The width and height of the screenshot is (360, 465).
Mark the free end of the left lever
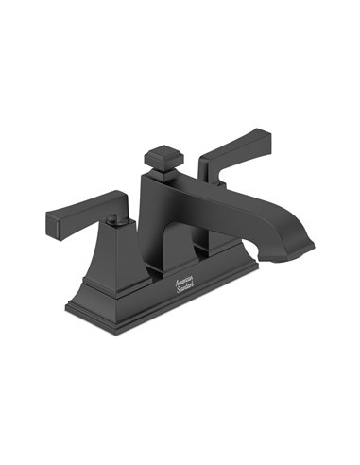click(52, 224)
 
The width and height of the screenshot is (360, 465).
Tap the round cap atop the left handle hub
click(114, 218)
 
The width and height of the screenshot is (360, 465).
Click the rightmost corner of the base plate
click(256, 267)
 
